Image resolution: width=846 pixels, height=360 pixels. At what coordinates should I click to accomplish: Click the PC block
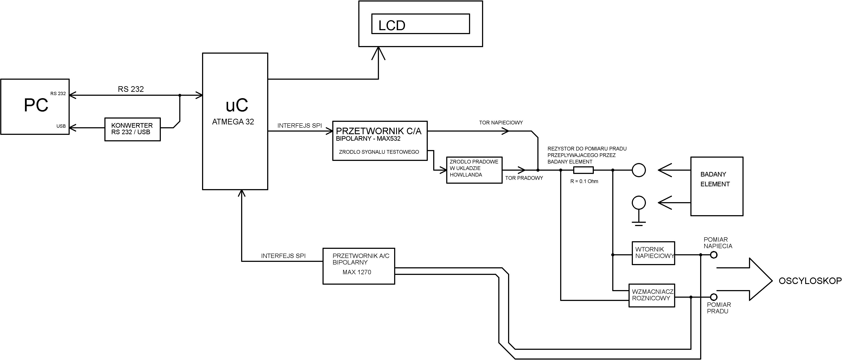(x=35, y=106)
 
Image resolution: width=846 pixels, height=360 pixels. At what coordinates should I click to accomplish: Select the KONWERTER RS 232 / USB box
(x=132, y=129)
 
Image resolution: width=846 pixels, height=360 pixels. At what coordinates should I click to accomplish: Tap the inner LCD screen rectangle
(x=420, y=24)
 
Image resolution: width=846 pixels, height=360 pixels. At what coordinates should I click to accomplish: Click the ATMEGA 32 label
(x=233, y=122)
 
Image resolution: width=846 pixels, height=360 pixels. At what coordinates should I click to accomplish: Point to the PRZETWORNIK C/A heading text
(x=378, y=131)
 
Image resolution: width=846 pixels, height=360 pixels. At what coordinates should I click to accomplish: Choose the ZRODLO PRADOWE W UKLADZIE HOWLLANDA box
(x=474, y=170)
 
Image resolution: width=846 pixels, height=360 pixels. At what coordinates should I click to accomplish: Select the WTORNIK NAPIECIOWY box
(x=653, y=253)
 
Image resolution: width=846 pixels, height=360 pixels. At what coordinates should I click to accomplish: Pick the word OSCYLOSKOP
(x=810, y=281)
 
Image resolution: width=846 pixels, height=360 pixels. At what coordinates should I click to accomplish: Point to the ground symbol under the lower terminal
(x=639, y=223)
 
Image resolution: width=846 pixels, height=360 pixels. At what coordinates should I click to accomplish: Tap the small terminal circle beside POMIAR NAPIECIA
(x=714, y=254)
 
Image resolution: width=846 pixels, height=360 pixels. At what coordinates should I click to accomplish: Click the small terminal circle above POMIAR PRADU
(x=714, y=297)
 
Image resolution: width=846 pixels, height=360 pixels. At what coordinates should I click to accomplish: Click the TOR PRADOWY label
(x=524, y=178)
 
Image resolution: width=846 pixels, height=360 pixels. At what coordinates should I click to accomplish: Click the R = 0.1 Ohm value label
(x=584, y=181)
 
